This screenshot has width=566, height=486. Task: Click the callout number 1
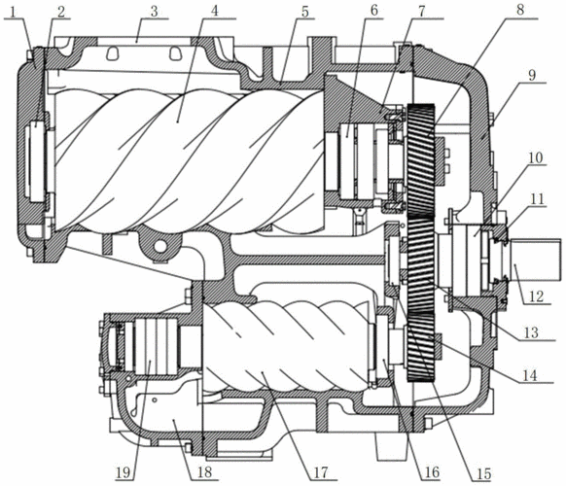coord(14,12)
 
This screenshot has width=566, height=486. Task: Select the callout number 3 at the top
coord(154,12)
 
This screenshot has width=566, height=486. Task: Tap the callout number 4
coord(215,11)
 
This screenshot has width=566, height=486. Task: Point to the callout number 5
coord(305,12)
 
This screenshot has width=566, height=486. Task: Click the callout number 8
coord(520,10)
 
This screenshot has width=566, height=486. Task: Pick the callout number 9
coord(532,76)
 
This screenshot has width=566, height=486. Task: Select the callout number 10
coord(536,157)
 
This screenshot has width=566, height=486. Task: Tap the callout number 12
coord(536,296)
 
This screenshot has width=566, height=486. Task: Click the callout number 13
coord(531,332)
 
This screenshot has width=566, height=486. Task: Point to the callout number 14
coord(530,375)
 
